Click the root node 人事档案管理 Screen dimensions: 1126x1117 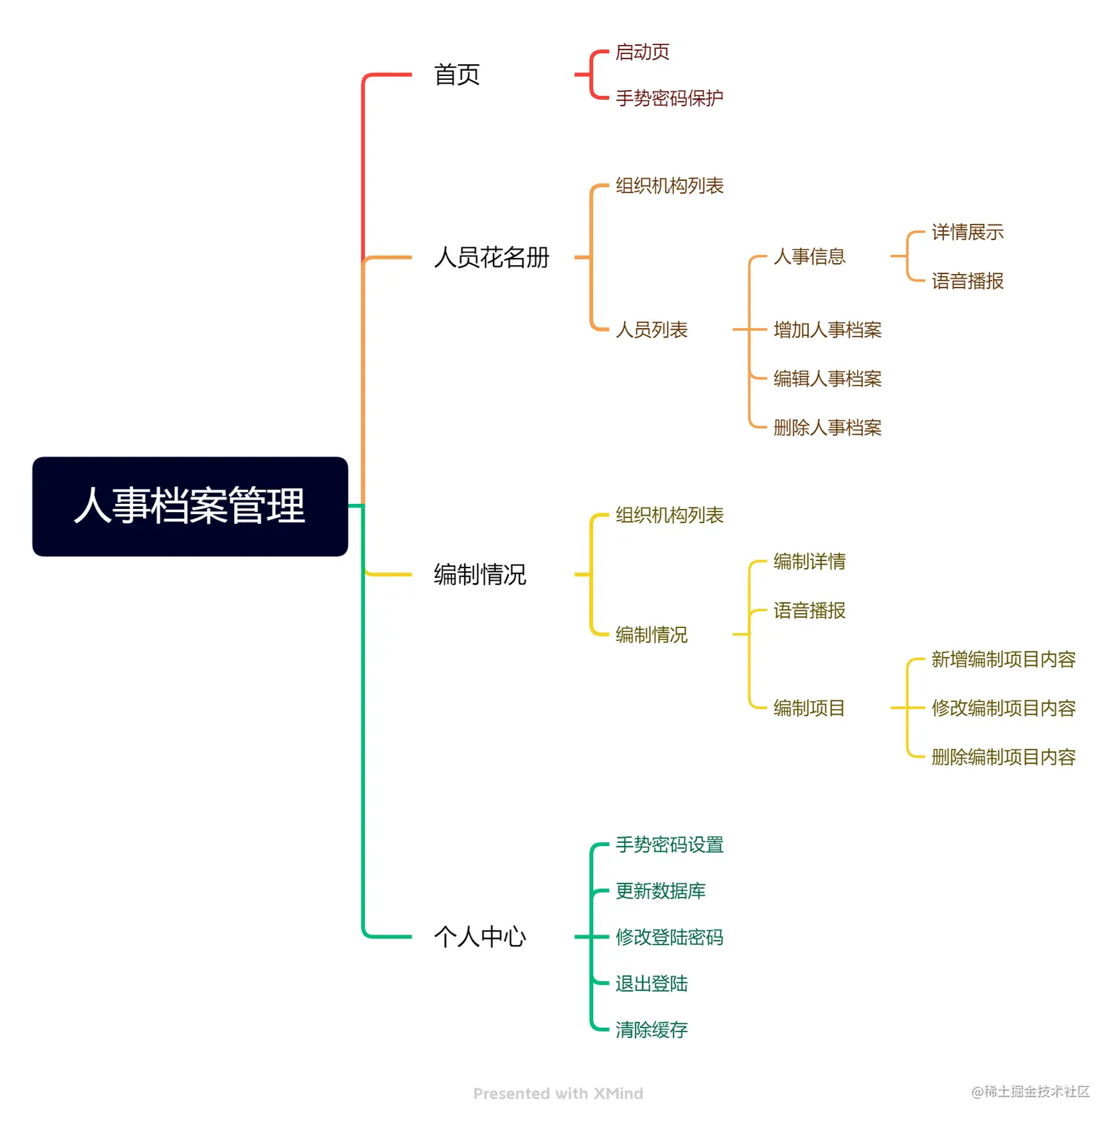pos(190,506)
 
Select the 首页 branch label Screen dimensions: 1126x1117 pos(457,75)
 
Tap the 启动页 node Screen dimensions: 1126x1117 pos(642,52)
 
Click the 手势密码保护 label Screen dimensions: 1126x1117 pos(669,98)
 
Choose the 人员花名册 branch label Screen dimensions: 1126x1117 pos(491,257)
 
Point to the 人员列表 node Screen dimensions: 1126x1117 pos(651,330)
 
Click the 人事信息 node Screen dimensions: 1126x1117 pos(809,256)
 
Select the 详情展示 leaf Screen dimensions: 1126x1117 pos(967,233)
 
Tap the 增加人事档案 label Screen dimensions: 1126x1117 pos(827,330)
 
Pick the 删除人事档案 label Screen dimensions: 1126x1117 pos(827,427)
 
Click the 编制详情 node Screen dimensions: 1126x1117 pos(809,562)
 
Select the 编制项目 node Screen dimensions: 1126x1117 pos(809,708)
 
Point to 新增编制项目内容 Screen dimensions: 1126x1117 pos(1002,659)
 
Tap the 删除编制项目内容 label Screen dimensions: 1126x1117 pos(1002,757)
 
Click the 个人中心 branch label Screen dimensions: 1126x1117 pos(479,937)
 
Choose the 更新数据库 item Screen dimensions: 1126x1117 pos(660,891)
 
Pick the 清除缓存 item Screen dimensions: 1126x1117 pos(651,1029)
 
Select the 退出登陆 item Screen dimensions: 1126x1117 pos(651,983)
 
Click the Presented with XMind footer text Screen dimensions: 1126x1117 pos(558,1093)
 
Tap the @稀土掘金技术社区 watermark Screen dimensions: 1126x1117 pos(1030,1091)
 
